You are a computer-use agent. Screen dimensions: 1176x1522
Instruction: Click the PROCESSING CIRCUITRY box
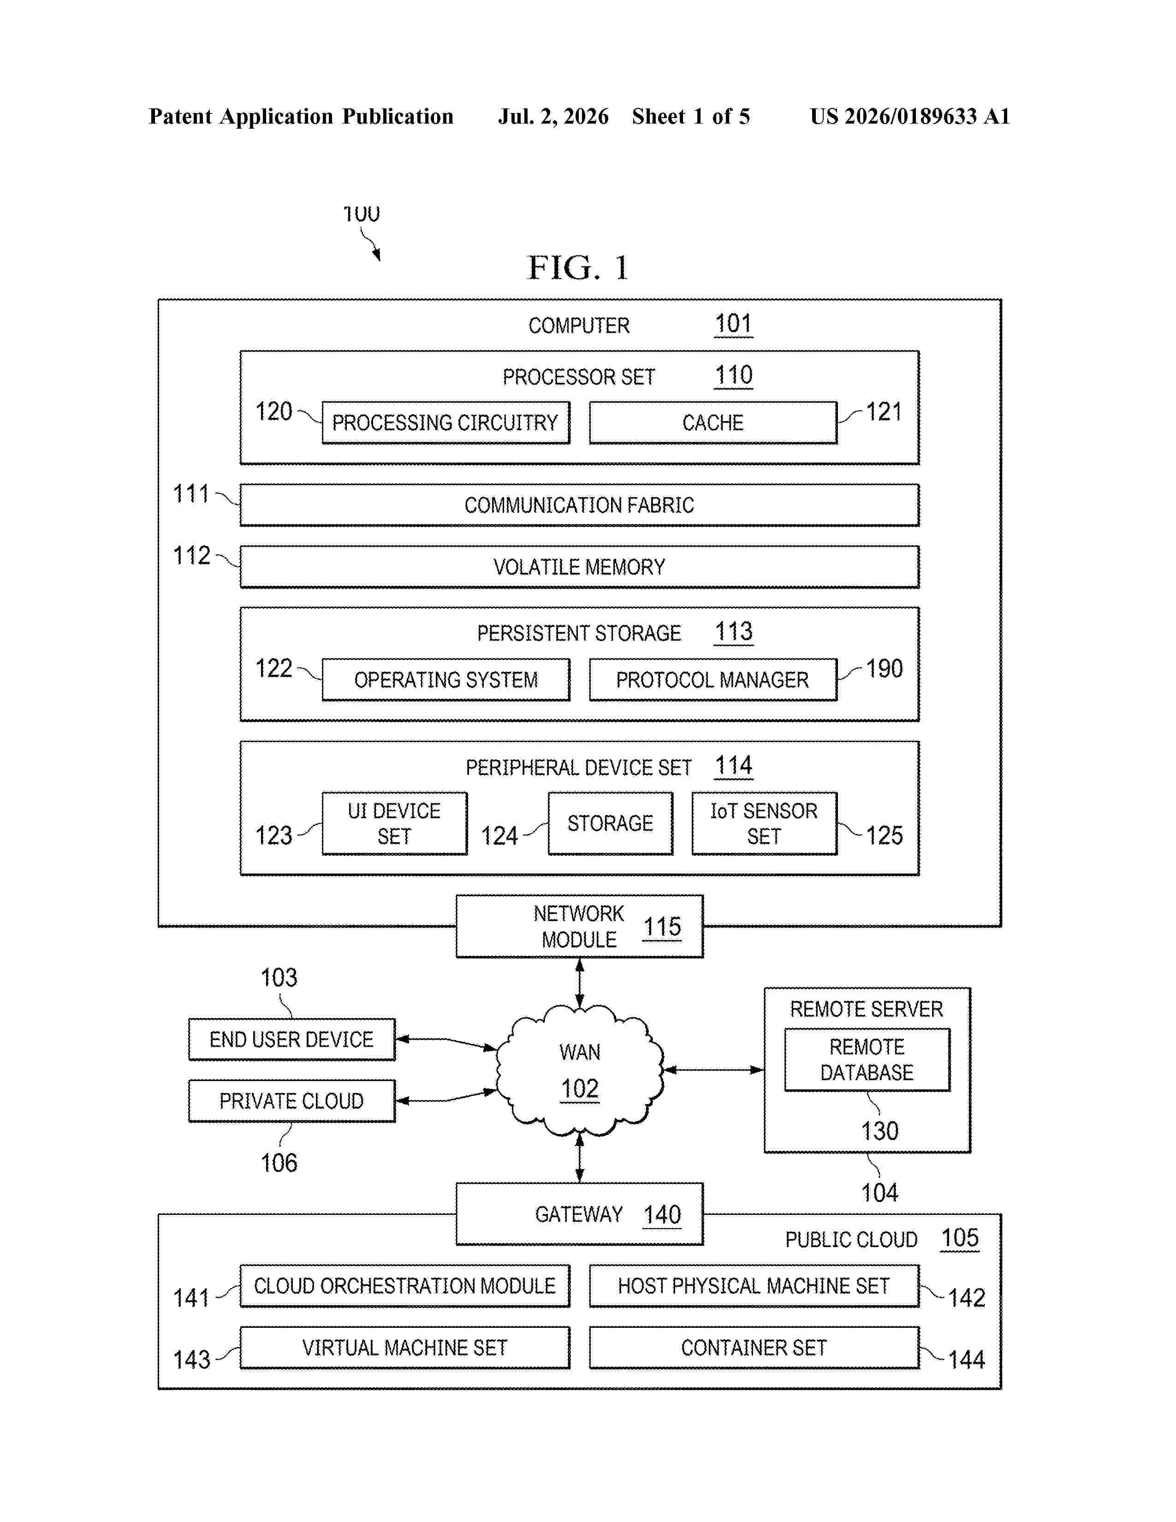click(x=446, y=422)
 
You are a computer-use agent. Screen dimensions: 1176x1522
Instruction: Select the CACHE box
click(x=713, y=422)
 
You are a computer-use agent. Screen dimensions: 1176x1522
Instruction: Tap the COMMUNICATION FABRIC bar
click(x=579, y=505)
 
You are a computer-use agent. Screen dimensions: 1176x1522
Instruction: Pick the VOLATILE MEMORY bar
click(x=579, y=566)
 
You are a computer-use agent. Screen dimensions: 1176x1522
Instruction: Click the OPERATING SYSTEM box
click(x=446, y=679)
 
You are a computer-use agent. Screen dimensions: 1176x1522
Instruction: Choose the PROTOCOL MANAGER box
click(x=713, y=679)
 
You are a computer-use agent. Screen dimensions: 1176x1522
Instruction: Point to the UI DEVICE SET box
click(x=394, y=823)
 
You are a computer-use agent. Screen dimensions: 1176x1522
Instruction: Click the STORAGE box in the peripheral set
click(x=610, y=823)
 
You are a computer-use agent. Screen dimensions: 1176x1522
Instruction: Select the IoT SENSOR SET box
click(x=764, y=823)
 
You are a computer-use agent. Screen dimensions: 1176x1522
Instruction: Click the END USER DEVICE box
click(x=292, y=1039)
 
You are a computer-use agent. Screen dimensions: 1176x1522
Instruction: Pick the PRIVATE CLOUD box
click(x=292, y=1101)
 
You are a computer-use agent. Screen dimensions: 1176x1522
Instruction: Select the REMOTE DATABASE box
click(x=867, y=1059)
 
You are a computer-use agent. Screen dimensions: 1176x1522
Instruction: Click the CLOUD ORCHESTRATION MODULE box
click(x=405, y=1286)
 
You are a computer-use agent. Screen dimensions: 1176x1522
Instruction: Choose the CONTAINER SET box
click(x=754, y=1348)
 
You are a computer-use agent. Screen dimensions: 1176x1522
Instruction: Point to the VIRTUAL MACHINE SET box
click(x=405, y=1348)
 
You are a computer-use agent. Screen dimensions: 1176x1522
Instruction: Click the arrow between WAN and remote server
click(x=714, y=1070)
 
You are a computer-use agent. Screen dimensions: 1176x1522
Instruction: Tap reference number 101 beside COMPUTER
click(x=734, y=324)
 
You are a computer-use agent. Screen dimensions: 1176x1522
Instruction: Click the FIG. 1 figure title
click(x=578, y=268)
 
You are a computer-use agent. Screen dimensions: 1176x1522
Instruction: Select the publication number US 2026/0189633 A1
click(x=910, y=116)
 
